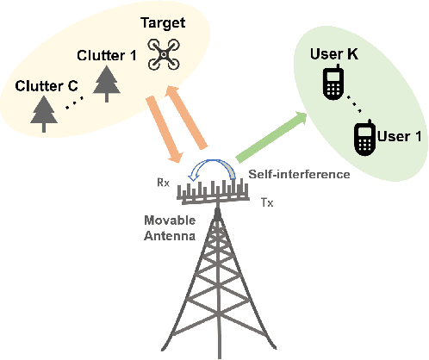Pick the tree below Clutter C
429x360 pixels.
41,113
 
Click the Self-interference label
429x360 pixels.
299,175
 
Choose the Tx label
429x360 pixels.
267,202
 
